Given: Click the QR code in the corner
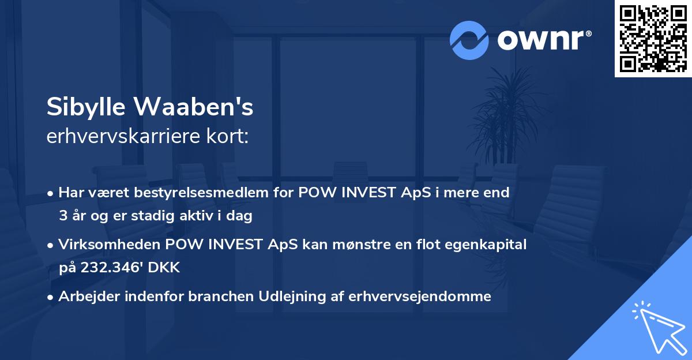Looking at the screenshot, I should coord(653,39).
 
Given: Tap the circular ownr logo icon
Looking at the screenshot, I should coord(469,40).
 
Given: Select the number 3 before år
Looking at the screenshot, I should coord(63,216).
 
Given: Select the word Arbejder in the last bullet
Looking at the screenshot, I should coord(87,297).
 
